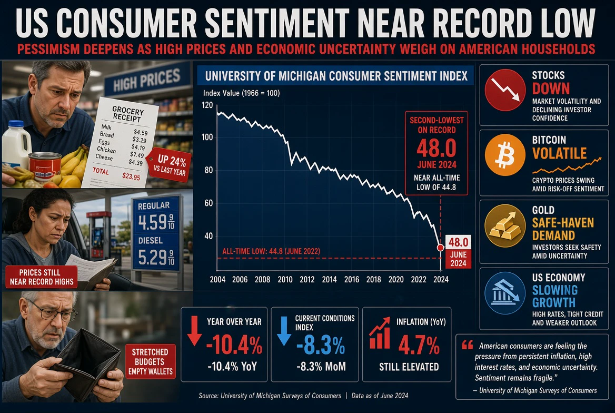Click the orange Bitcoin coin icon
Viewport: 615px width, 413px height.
505,155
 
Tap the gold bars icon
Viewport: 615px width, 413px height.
505,225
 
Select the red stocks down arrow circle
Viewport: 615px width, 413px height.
505,90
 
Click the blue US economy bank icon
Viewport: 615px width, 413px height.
505,293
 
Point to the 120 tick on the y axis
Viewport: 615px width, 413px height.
207,105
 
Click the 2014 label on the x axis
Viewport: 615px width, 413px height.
329,280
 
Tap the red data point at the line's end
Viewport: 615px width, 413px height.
441,248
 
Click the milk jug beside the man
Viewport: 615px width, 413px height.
16,142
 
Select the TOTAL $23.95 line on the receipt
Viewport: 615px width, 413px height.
116,173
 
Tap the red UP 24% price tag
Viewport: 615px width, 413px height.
170,164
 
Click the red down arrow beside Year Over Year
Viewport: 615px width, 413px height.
194,330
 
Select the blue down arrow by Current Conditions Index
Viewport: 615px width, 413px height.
284,330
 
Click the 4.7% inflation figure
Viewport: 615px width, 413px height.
419,346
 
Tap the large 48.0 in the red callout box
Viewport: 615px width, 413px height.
436,148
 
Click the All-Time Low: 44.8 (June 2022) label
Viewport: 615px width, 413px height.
271,251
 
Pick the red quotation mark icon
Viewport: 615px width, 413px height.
467,345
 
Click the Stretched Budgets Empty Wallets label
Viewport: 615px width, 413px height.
150,361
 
